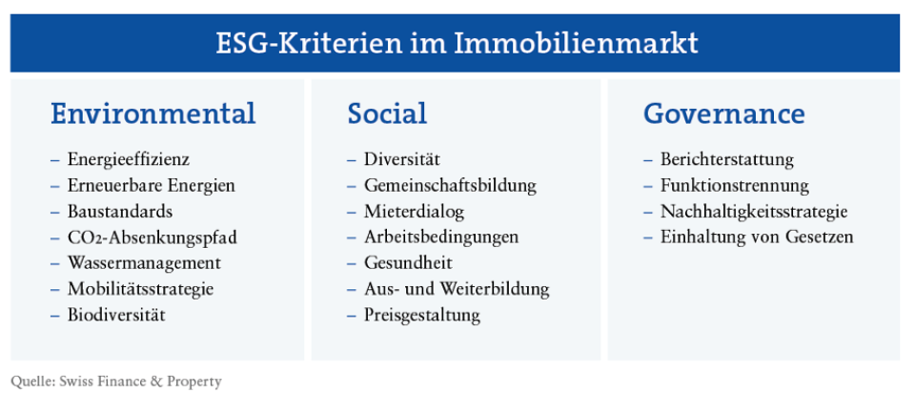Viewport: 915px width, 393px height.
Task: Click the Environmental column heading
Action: pos(152,114)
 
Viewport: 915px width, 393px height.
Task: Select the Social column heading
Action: pos(387,114)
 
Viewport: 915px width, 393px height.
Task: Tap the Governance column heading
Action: pos(723,114)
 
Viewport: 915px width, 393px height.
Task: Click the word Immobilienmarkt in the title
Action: pos(576,44)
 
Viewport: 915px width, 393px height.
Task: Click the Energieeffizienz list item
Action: pos(129,159)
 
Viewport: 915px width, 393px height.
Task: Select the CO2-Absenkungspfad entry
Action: pos(152,238)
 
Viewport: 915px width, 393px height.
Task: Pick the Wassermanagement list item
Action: pos(144,263)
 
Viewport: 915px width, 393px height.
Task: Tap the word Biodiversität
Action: pos(116,316)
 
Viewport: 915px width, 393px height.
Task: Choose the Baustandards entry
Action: pos(120,211)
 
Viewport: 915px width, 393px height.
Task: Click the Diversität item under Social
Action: pos(402,159)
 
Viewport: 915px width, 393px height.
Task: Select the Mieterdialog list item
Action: pos(415,212)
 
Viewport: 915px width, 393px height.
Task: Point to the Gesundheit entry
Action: pos(409,263)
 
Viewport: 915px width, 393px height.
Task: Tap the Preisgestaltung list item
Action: pos(422,316)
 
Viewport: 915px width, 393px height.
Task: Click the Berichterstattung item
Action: pos(727,159)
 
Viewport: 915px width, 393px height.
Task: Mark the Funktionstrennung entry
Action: pos(735,185)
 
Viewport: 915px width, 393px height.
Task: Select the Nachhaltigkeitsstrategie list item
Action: pos(754,212)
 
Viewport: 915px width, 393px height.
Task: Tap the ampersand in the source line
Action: pos(155,382)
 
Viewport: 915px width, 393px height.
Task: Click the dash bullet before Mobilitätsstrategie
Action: pos(55,290)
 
